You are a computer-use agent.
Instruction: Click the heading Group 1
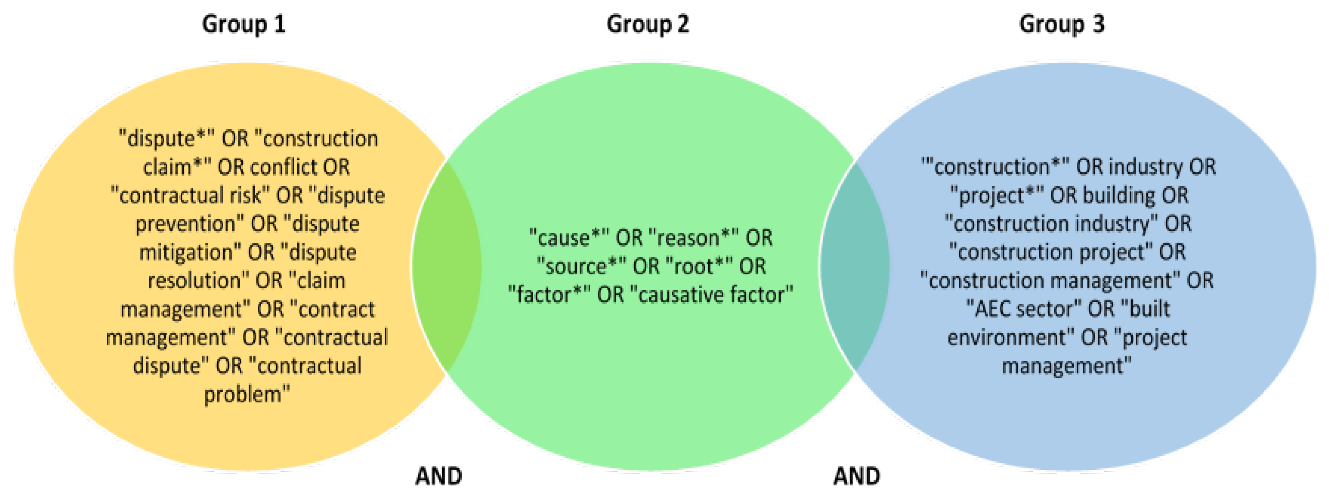tap(243, 24)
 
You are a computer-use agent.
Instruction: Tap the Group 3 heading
tap(1062, 24)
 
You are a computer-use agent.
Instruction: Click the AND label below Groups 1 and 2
tap(439, 476)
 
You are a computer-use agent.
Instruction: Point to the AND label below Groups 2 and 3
tap(857, 476)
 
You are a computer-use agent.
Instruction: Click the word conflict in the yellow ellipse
tap(283, 167)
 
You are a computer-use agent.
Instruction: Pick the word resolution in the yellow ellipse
tap(194, 281)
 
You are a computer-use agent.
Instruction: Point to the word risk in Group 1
tap(253, 196)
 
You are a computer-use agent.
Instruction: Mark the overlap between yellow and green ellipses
tap(447, 266)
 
